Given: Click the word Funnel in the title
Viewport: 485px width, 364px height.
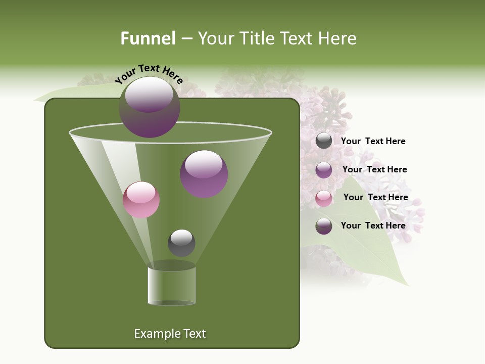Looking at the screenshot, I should [148, 38].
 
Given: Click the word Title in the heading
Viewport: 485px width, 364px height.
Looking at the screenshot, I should [258, 38].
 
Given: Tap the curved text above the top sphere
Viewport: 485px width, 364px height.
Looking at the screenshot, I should [149, 74].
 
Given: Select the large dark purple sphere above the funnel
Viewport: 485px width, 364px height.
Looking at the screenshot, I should [150, 107].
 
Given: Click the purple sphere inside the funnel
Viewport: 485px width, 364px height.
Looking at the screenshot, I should [204, 174].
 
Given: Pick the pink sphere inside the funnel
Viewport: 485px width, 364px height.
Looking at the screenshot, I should [141, 200].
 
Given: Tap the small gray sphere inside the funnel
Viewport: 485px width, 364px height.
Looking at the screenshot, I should [181, 243].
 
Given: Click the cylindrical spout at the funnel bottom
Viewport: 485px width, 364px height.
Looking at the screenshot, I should [172, 286].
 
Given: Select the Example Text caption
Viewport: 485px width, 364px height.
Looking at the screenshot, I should [170, 334].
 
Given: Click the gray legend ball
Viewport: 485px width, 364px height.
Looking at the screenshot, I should [324, 141].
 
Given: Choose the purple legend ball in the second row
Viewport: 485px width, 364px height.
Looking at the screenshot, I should [324, 170].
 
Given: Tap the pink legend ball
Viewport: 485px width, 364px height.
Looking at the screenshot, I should [324, 198].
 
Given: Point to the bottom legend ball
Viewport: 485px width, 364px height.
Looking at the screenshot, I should [324, 226].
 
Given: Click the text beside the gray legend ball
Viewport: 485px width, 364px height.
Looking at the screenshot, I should [373, 142].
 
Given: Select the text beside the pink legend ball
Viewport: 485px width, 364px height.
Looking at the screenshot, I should [375, 197].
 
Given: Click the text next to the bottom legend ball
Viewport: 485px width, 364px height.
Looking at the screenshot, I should [373, 225].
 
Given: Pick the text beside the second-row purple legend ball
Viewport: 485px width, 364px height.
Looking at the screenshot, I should [374, 169].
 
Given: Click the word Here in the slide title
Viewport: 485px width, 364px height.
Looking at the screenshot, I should [338, 38].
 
